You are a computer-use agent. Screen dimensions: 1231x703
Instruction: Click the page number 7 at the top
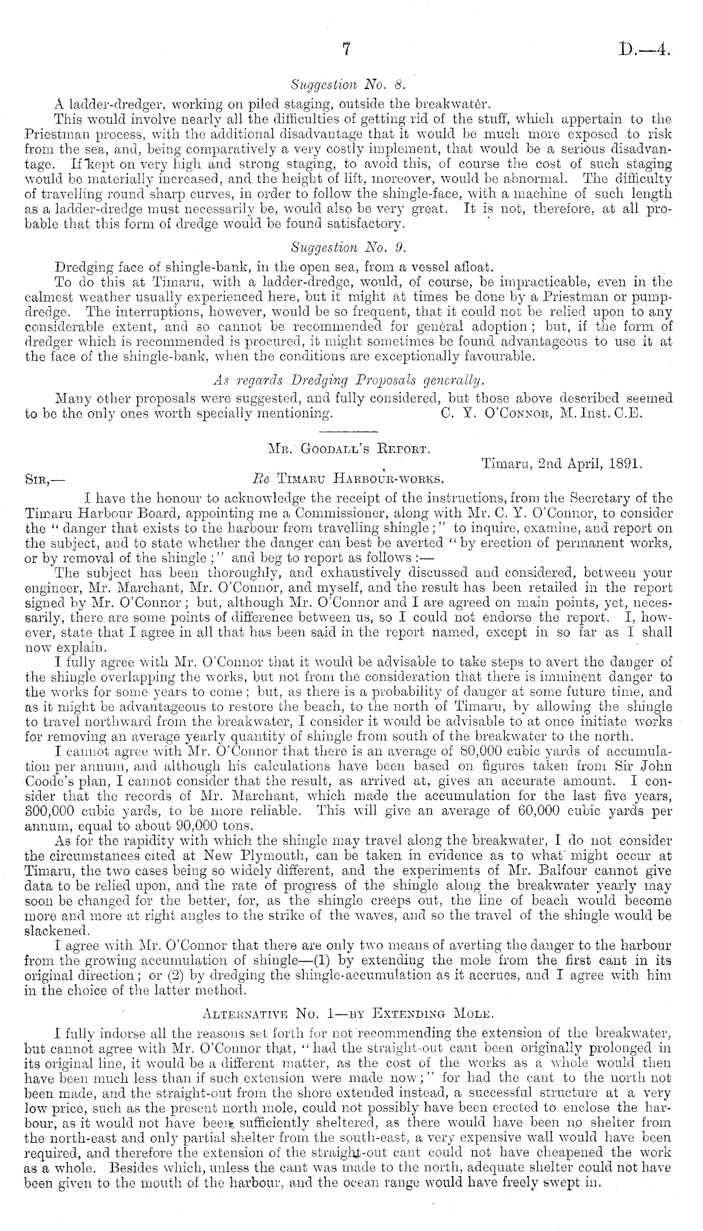[x=345, y=50]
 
